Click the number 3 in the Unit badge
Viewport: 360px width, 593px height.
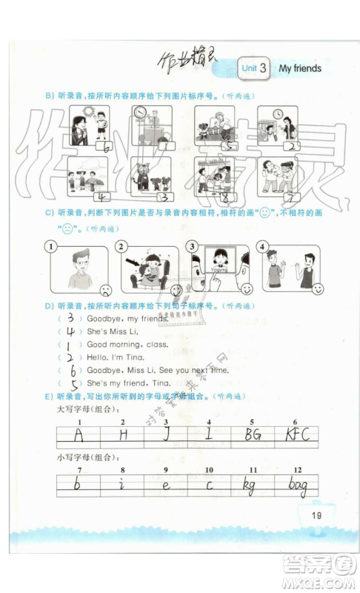262,68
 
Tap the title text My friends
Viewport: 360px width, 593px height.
300,68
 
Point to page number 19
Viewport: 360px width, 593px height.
316,516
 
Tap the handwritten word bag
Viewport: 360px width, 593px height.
299,486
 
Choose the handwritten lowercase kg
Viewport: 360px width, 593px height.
252,486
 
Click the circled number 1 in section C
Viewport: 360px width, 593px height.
50,246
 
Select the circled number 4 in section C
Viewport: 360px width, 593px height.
261,246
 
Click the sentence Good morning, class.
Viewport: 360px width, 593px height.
127,345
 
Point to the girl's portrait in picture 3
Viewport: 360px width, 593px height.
219,259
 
